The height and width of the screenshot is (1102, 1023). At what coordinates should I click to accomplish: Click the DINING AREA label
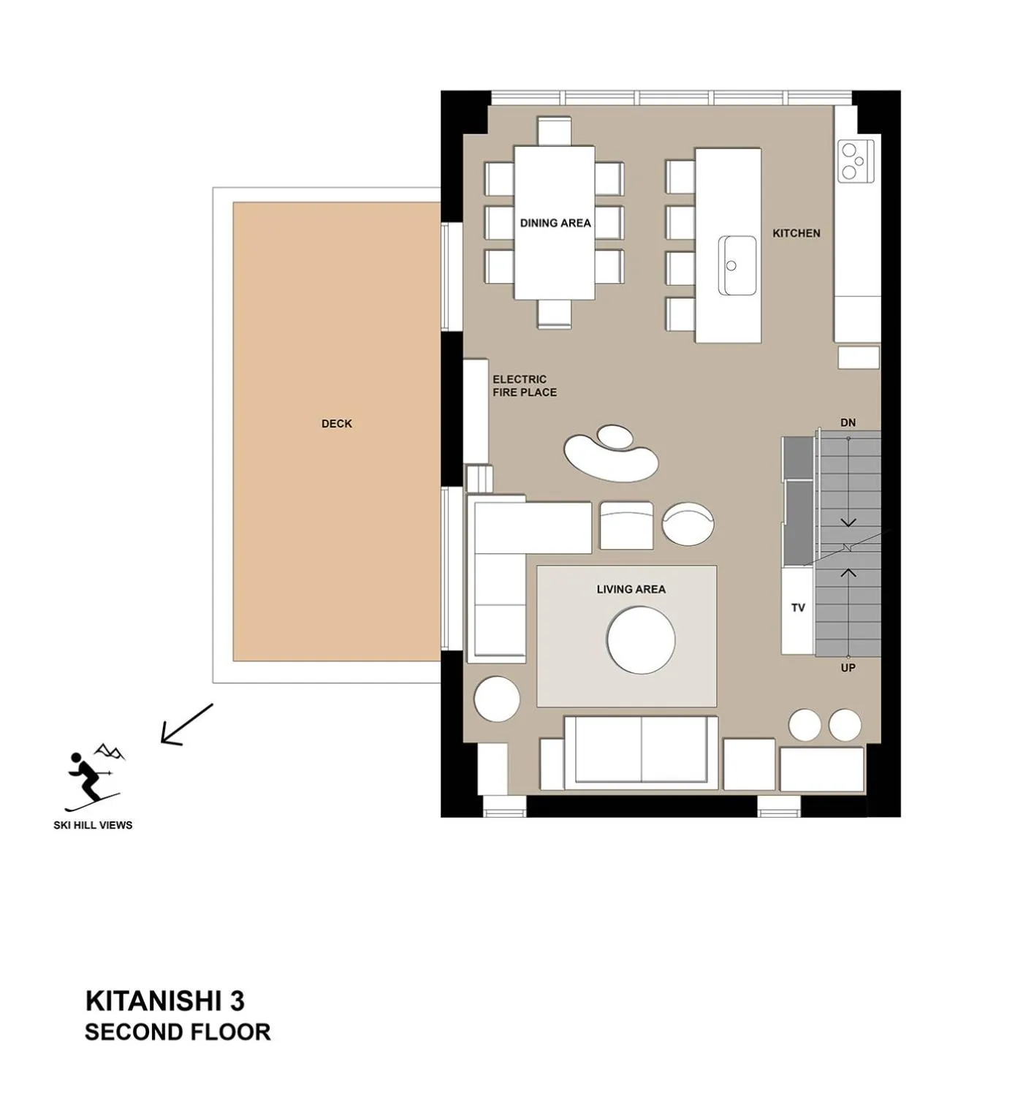point(555,223)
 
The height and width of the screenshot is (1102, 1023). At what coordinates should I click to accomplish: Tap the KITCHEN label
point(796,233)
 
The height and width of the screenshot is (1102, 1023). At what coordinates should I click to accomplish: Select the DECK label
point(336,424)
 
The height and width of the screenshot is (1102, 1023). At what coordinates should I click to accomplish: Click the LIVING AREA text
point(631,589)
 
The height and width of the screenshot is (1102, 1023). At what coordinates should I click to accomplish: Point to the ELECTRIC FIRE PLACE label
point(524,386)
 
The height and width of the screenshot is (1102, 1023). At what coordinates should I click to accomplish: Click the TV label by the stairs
point(798,607)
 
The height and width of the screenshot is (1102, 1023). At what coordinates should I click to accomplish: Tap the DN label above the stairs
point(848,422)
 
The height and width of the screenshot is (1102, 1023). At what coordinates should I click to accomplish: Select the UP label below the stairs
point(848,667)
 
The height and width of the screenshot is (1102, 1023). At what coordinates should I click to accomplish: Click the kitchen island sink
point(737,265)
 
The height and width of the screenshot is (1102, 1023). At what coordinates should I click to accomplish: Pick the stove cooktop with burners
point(856,161)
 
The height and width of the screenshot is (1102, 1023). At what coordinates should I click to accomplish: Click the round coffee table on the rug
point(641,640)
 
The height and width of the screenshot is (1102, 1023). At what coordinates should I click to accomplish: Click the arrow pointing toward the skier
point(186,725)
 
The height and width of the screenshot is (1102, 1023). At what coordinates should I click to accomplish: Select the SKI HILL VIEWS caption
point(93,825)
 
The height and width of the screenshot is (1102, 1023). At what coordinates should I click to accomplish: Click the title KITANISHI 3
point(164,1000)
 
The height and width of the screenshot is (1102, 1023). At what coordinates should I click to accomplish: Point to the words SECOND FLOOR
point(178,1032)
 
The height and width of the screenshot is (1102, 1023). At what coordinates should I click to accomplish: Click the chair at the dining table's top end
point(554,131)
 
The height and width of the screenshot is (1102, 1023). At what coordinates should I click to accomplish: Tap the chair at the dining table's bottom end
point(554,314)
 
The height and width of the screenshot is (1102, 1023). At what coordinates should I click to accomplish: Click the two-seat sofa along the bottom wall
point(641,753)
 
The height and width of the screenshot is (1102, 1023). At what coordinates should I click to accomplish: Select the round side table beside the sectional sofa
point(497,699)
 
